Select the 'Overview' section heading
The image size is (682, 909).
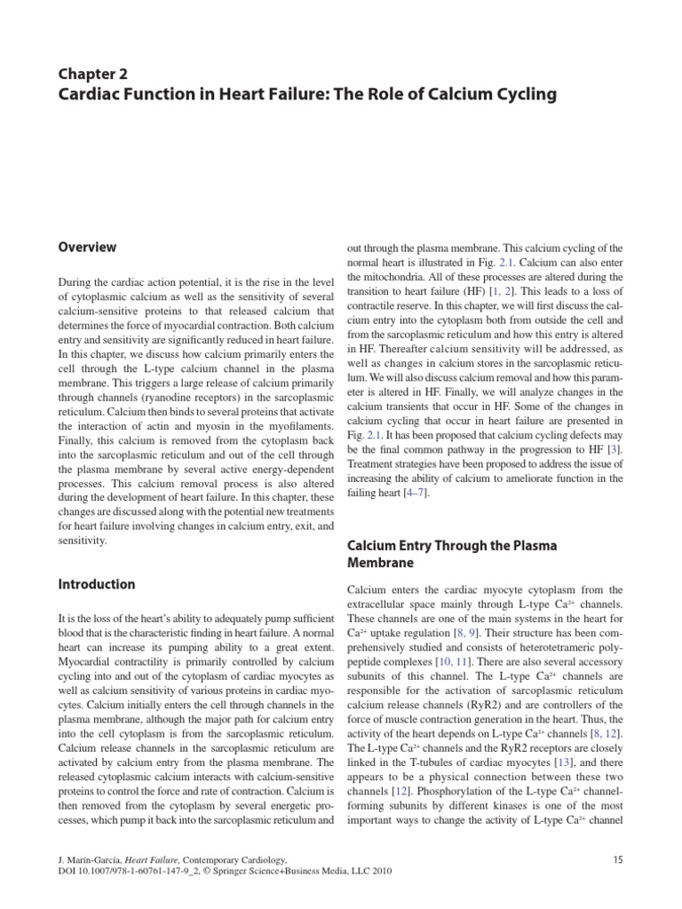[87, 248]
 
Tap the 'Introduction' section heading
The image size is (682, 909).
[97, 584]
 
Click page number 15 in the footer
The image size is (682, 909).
[620, 859]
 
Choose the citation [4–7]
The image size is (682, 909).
[416, 494]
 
